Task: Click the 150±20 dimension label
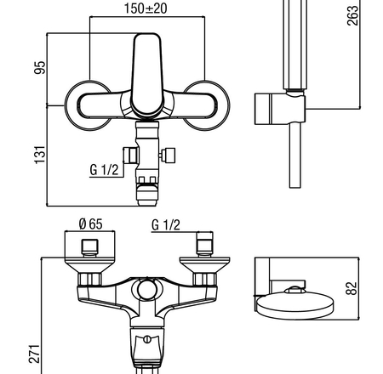(146, 8)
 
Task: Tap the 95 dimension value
(40, 67)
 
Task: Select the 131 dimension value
(40, 155)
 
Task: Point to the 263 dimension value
(352, 15)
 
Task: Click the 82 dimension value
(352, 288)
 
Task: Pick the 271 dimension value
(34, 354)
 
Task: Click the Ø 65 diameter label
(90, 224)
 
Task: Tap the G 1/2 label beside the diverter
(104, 170)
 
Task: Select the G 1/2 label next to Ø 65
(166, 225)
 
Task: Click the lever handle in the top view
(147, 75)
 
